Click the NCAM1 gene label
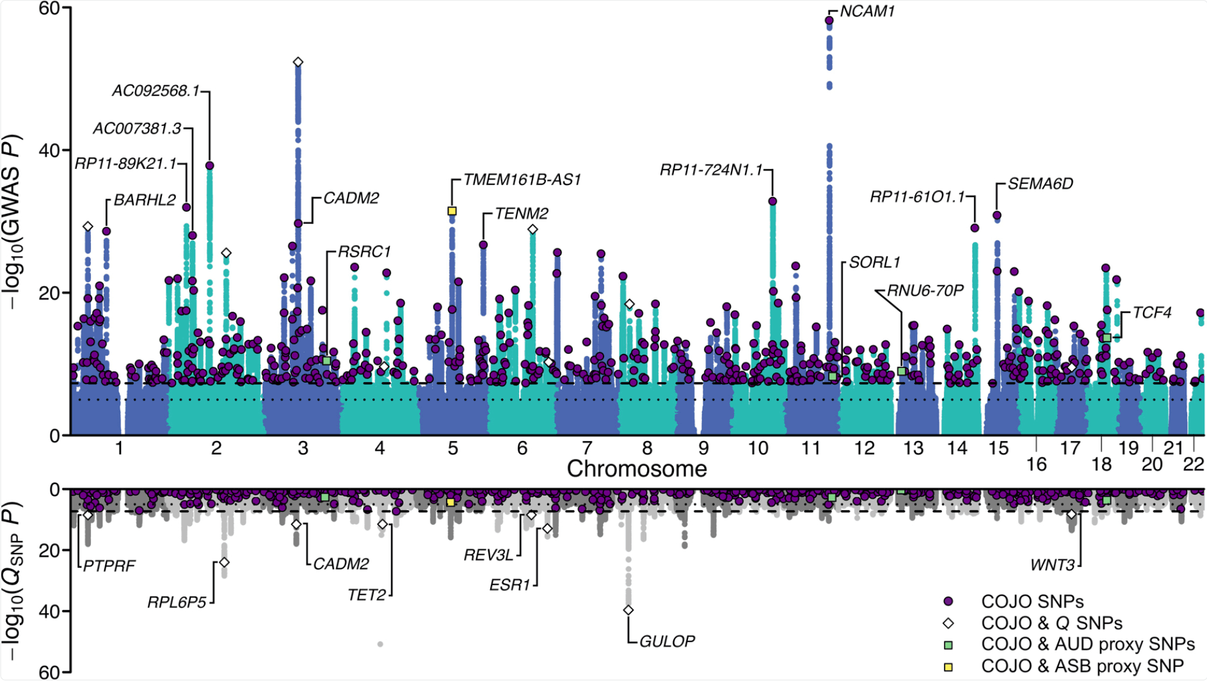coord(867,12)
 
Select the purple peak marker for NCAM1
coord(829,20)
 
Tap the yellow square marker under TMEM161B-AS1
coord(452,211)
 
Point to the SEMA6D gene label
coord(1040,184)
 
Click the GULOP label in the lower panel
coord(667,641)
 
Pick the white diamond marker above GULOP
coord(628,611)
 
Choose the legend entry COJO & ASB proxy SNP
coord(1082,666)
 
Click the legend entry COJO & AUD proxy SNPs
coord(1087,645)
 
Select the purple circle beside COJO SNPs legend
coord(948,602)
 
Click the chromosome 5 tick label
coord(453,448)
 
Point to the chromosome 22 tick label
coord(1194,464)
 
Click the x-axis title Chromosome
coord(637,469)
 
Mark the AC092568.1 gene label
coord(156,91)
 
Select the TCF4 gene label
coord(1151,313)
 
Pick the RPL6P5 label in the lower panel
coord(177,603)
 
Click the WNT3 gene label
coord(1052,565)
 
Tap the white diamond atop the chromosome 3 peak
coord(298,62)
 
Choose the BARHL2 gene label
coord(145,200)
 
